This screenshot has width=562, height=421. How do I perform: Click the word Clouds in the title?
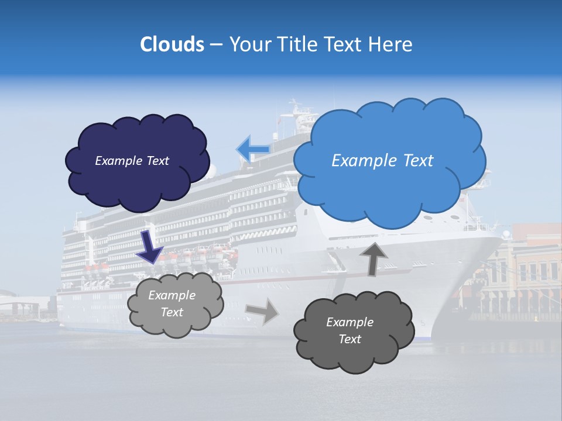[x=172, y=44]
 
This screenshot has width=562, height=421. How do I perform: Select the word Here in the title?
[x=391, y=44]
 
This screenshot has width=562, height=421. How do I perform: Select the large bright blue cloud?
[x=389, y=193]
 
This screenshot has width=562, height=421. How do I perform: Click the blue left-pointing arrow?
[x=253, y=149]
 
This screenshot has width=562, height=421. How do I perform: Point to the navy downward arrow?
[x=149, y=247]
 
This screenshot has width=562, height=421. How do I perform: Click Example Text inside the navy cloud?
[x=132, y=161]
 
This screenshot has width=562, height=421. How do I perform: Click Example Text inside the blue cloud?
[x=382, y=161]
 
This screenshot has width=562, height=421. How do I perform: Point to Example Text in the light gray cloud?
[x=172, y=303]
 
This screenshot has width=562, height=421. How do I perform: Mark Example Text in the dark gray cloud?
[x=349, y=330]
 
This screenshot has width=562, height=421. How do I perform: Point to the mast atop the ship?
[x=294, y=109]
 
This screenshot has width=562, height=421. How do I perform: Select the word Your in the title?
[x=251, y=44]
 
